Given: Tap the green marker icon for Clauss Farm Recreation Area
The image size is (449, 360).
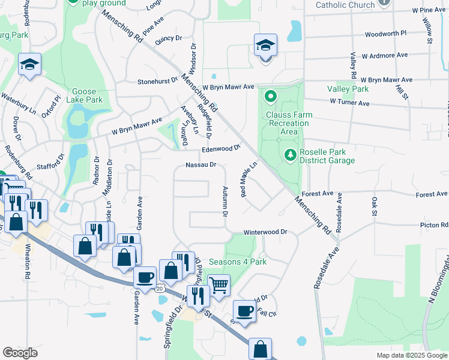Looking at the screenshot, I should tap(270, 96).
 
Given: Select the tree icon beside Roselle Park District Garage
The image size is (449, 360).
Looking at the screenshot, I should tap(291, 155).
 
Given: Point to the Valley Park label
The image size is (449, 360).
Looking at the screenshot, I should tap(348, 89).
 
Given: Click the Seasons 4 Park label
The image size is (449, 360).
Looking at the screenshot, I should tap(237, 262).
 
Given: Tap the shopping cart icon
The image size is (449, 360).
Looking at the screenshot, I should tap(219, 286).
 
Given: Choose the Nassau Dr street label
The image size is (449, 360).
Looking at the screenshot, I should tap(200, 164).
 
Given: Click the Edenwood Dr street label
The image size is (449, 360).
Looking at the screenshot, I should tap(221, 148).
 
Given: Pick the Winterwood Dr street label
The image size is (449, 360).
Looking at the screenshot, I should tap(265, 232).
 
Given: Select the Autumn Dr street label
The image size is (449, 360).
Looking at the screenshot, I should tap(226, 201).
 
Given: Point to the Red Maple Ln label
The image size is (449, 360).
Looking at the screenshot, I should tap(249, 178).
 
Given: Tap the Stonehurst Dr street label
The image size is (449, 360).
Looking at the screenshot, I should tap(157, 80).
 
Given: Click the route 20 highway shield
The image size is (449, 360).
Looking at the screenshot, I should tap(160, 289).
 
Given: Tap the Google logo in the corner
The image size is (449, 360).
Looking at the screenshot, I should tap(20, 353).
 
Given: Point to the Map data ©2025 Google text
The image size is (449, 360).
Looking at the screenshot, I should tap(411, 355).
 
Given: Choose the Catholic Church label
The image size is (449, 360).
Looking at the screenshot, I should tap(345, 5).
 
